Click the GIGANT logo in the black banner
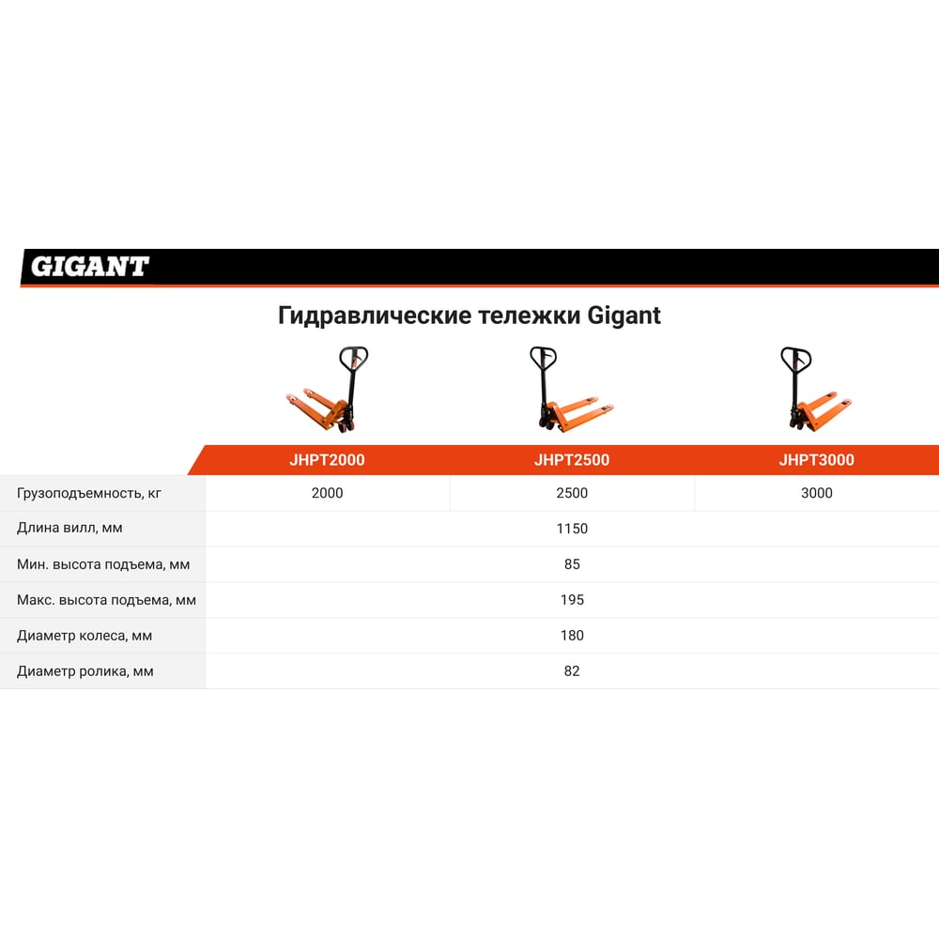[x=89, y=267]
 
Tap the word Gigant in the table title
[x=623, y=316]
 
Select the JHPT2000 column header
[x=327, y=460]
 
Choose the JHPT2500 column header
[x=572, y=460]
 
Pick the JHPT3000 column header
[x=816, y=460]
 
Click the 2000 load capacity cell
[x=327, y=493]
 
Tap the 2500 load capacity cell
[x=572, y=493]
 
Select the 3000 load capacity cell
[x=816, y=493]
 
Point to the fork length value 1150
[x=572, y=528]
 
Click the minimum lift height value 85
[x=572, y=564]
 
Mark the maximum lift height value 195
[x=572, y=599]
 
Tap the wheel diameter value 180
[x=572, y=636]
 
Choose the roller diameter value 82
[x=572, y=670]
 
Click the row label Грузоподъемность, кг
[x=88, y=494]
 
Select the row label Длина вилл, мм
[x=69, y=528]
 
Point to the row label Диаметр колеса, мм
[x=85, y=636]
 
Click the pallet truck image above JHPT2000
[x=327, y=390]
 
